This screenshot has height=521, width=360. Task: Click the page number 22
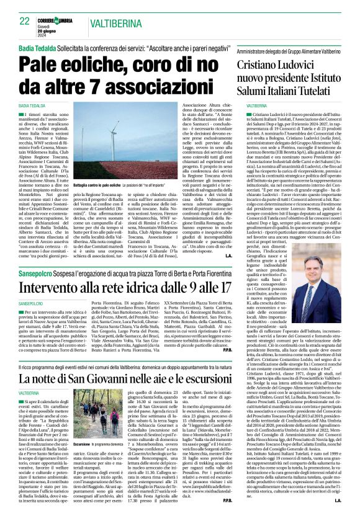click(x=25, y=21)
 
